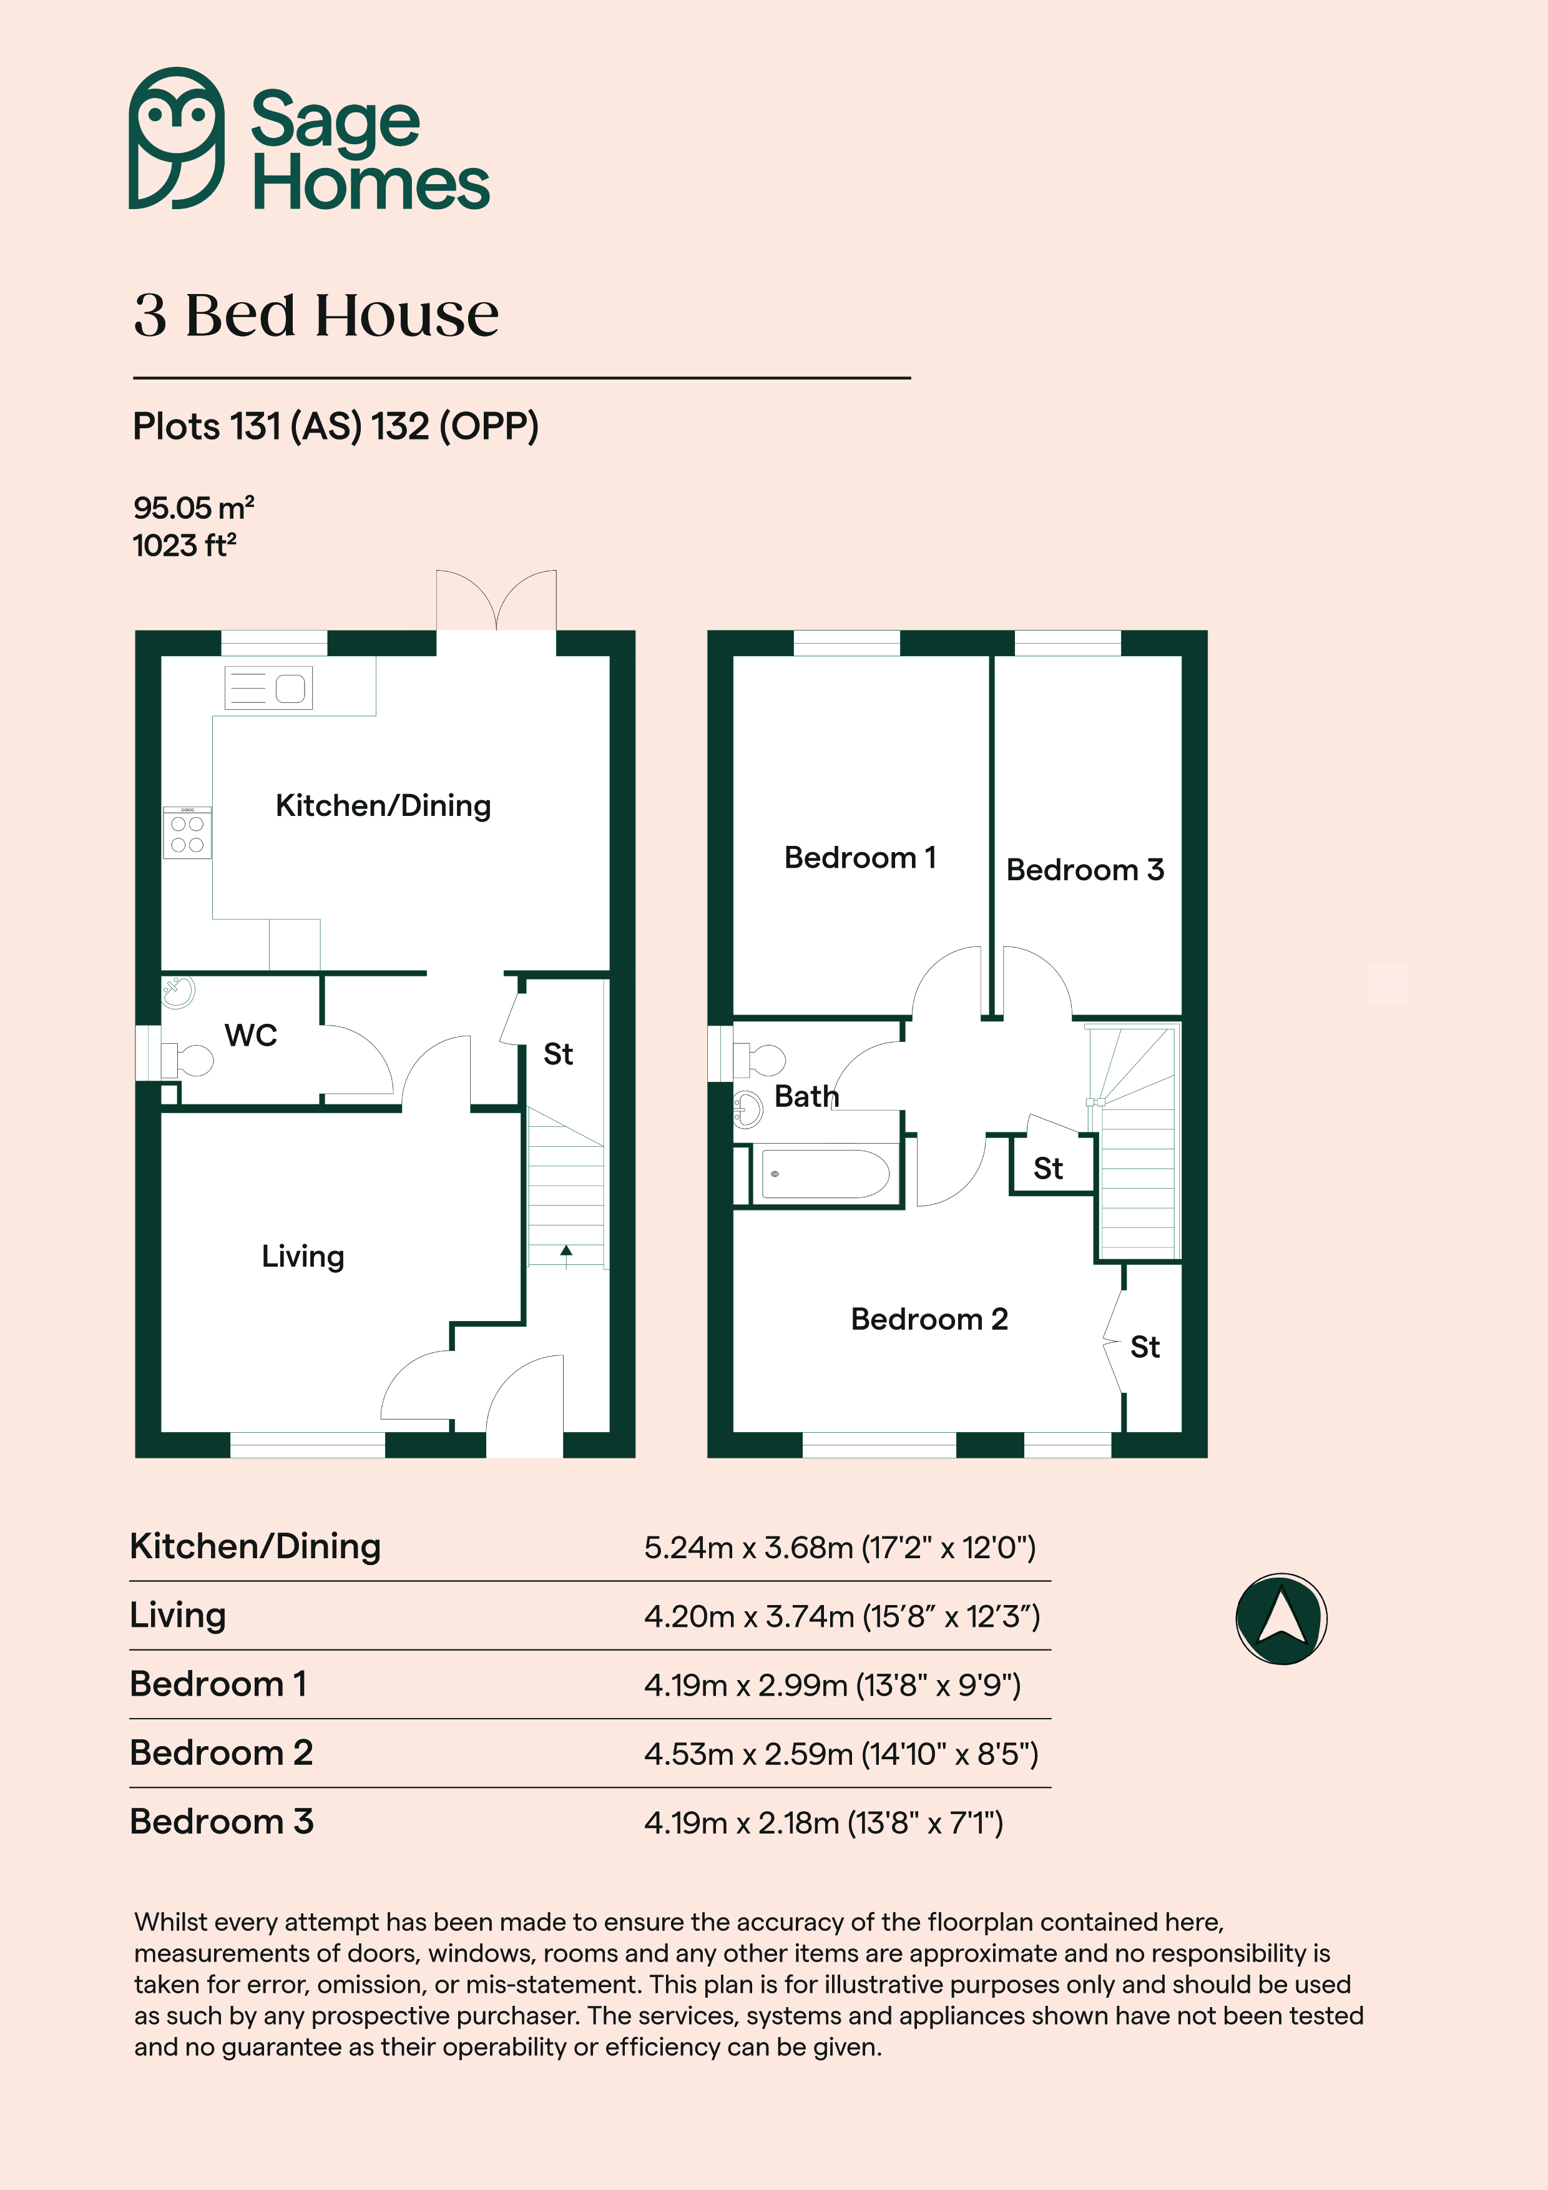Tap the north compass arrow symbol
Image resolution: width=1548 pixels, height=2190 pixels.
(1281, 1619)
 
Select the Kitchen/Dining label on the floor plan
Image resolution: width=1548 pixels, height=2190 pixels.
(383, 806)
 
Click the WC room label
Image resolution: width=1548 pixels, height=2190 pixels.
(251, 1035)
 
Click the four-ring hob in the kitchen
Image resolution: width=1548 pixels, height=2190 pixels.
(187, 833)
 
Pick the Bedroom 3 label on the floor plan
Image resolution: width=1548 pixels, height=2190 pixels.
(1085, 870)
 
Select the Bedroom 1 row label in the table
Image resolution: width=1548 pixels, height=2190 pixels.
(218, 1684)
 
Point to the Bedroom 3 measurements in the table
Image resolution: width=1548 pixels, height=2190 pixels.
(823, 1824)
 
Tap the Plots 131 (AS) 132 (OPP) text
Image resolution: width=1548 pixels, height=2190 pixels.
(336, 426)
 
